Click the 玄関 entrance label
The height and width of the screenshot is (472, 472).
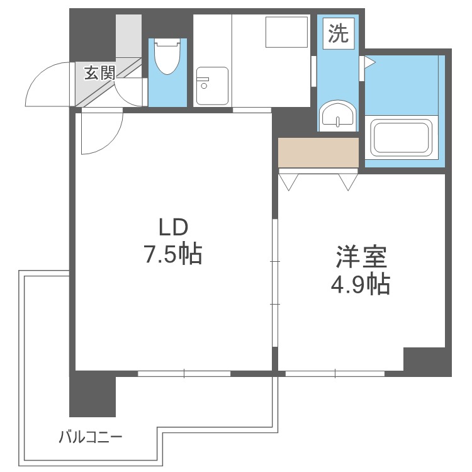[99, 73]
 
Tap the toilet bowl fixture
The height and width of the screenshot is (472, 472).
[167, 57]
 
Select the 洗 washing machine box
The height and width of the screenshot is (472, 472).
[339, 33]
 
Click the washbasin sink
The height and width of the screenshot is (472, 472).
[337, 116]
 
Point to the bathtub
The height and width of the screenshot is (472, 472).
[402, 138]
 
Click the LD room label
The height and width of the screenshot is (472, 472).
[173, 227]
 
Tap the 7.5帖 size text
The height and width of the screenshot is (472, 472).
[173, 254]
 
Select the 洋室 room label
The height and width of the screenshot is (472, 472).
[361, 257]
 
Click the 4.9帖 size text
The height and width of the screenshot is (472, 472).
[361, 284]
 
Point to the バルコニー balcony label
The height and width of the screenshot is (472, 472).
[90, 437]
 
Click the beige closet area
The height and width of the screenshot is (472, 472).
[318, 152]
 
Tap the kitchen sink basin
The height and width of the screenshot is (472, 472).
[212, 86]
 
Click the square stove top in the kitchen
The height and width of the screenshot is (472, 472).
[286, 32]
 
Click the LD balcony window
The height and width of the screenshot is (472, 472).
[184, 374]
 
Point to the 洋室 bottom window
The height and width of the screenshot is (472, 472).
[335, 374]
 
